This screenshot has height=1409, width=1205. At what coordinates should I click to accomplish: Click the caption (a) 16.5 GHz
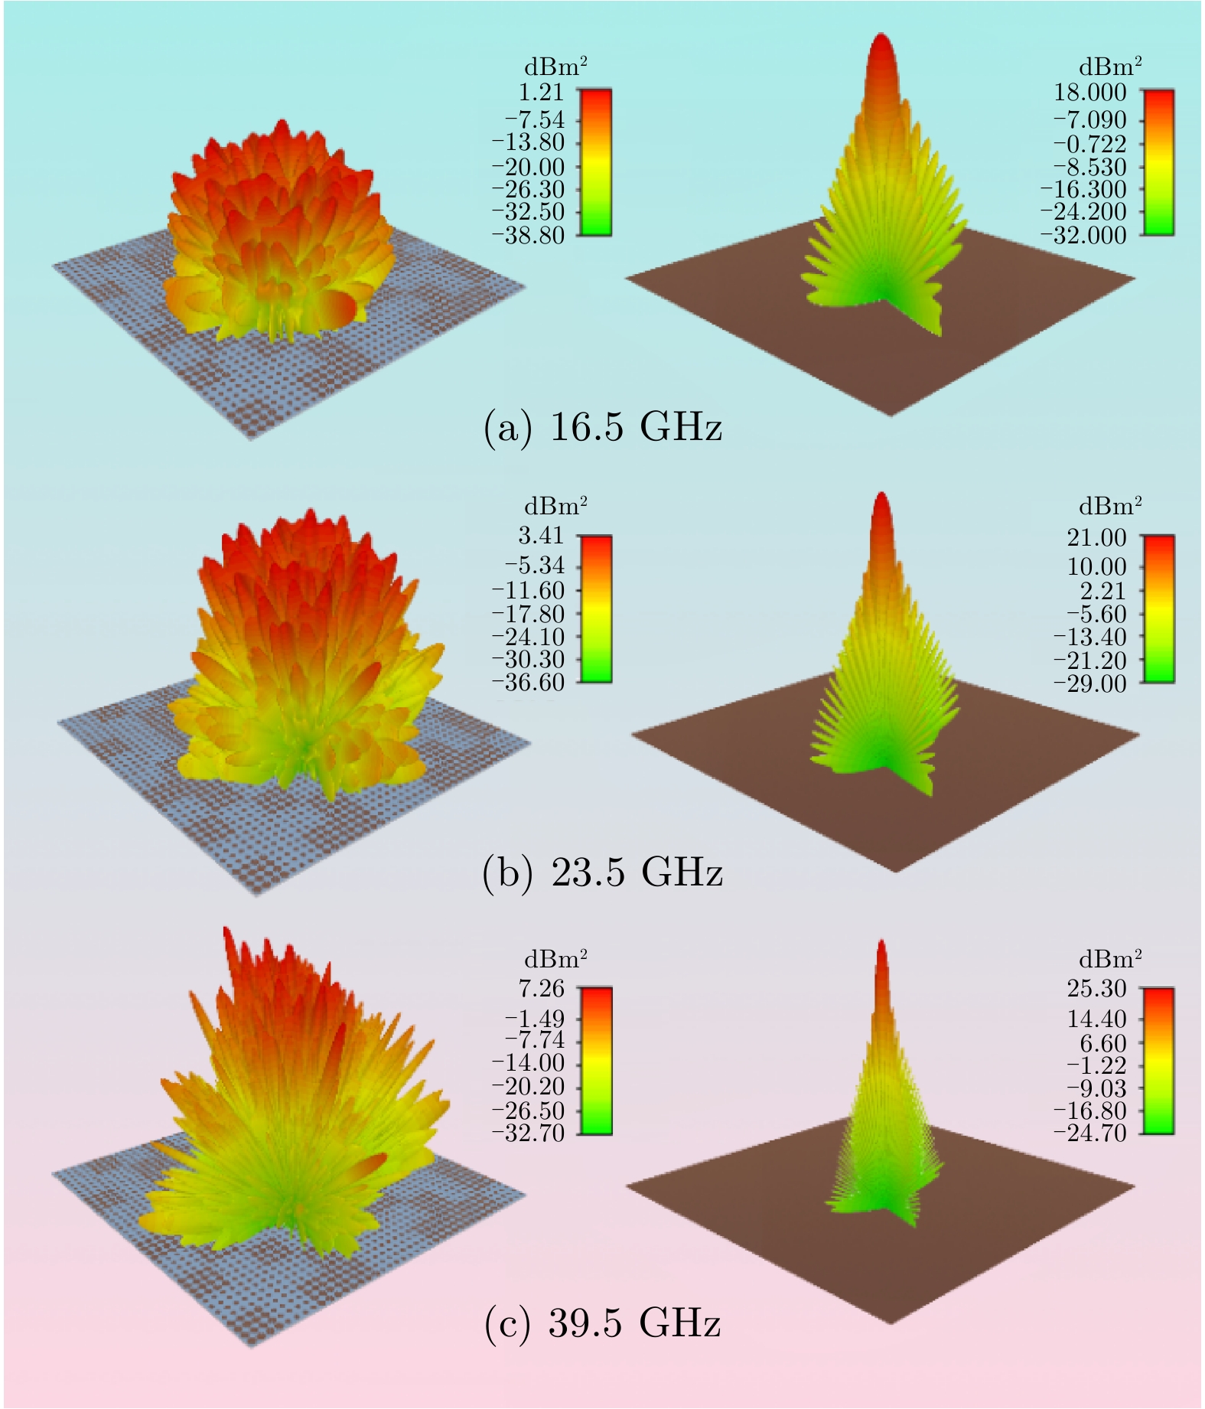[603, 427]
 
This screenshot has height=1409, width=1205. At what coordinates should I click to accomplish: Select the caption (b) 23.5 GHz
[603, 872]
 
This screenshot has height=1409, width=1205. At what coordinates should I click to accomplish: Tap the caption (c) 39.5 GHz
[603, 1323]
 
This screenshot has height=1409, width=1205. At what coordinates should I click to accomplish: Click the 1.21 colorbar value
[541, 93]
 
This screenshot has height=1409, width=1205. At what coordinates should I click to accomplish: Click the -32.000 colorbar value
[1089, 235]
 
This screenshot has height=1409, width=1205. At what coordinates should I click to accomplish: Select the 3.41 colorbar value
[541, 535]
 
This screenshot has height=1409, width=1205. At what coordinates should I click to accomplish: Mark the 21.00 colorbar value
[1097, 538]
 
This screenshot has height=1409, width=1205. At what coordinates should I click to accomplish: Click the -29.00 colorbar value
[1089, 683]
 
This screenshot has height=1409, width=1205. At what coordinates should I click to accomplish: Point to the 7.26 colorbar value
[541, 988]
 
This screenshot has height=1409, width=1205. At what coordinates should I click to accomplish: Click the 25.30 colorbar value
[1097, 988]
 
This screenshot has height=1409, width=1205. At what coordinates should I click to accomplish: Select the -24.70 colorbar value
[1089, 1132]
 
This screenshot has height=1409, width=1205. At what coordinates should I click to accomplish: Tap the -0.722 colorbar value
[1089, 143]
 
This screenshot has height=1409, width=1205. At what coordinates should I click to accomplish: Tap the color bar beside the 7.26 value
[595, 1060]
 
